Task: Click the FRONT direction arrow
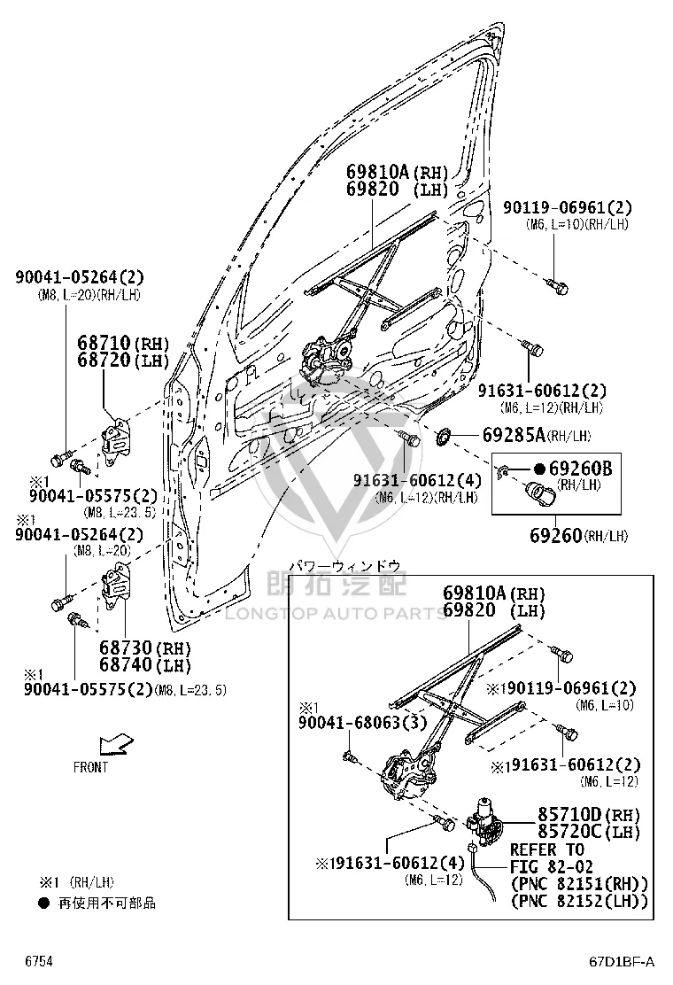point(116,744)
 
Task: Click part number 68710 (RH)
point(124,343)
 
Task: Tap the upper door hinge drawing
point(116,442)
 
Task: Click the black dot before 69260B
point(539,469)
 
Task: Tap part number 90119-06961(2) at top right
point(567,207)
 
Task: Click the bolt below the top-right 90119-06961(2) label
point(557,286)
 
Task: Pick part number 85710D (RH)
point(589,814)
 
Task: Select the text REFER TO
point(547,849)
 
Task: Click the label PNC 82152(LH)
point(579,901)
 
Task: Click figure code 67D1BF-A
point(622,961)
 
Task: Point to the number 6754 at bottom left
point(39,961)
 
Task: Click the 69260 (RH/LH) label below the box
point(578,535)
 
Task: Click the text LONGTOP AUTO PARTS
point(336,613)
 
